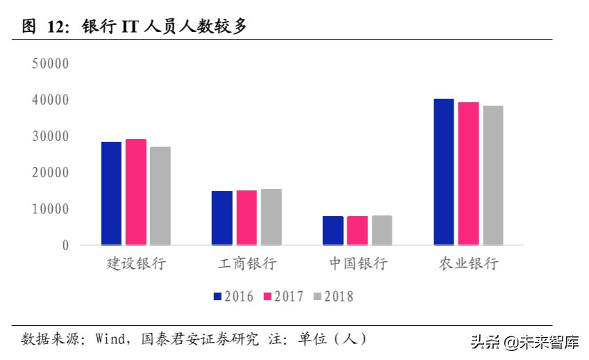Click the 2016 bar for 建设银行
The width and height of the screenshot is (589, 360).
tap(111, 193)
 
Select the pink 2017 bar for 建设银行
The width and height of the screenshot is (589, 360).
tap(135, 192)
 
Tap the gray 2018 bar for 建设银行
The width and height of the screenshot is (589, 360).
tap(160, 195)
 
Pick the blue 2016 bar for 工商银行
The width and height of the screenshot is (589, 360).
tap(222, 218)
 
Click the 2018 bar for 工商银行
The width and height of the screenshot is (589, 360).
tap(271, 217)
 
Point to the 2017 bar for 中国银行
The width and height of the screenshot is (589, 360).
tap(358, 230)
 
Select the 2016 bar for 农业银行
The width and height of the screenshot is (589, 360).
tap(444, 172)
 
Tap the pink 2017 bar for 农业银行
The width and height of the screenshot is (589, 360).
tap(468, 173)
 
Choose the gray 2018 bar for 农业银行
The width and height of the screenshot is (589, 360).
tap(492, 175)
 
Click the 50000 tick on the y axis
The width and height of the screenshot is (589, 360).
tap(51, 64)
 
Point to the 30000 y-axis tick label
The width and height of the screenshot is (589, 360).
tap(51, 136)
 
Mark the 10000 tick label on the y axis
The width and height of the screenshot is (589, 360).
tap(51, 208)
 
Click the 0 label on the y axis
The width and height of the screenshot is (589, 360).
tap(65, 245)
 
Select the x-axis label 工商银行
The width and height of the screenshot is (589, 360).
tap(247, 264)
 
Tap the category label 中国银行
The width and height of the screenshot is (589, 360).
tap(358, 264)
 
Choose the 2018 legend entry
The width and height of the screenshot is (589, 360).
tap(333, 297)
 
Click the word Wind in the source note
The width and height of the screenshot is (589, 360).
tap(109, 339)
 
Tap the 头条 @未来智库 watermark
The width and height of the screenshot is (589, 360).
tap(525, 342)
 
